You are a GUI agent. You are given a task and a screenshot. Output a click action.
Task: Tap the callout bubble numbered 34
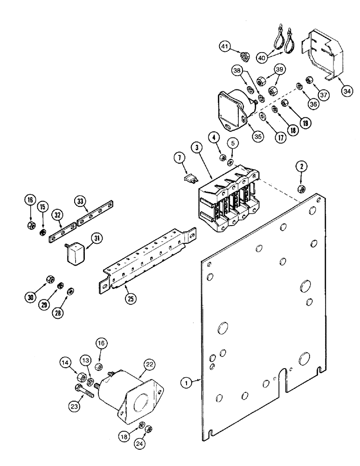tap(347, 91)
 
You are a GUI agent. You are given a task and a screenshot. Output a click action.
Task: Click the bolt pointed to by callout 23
tap(84, 389)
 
